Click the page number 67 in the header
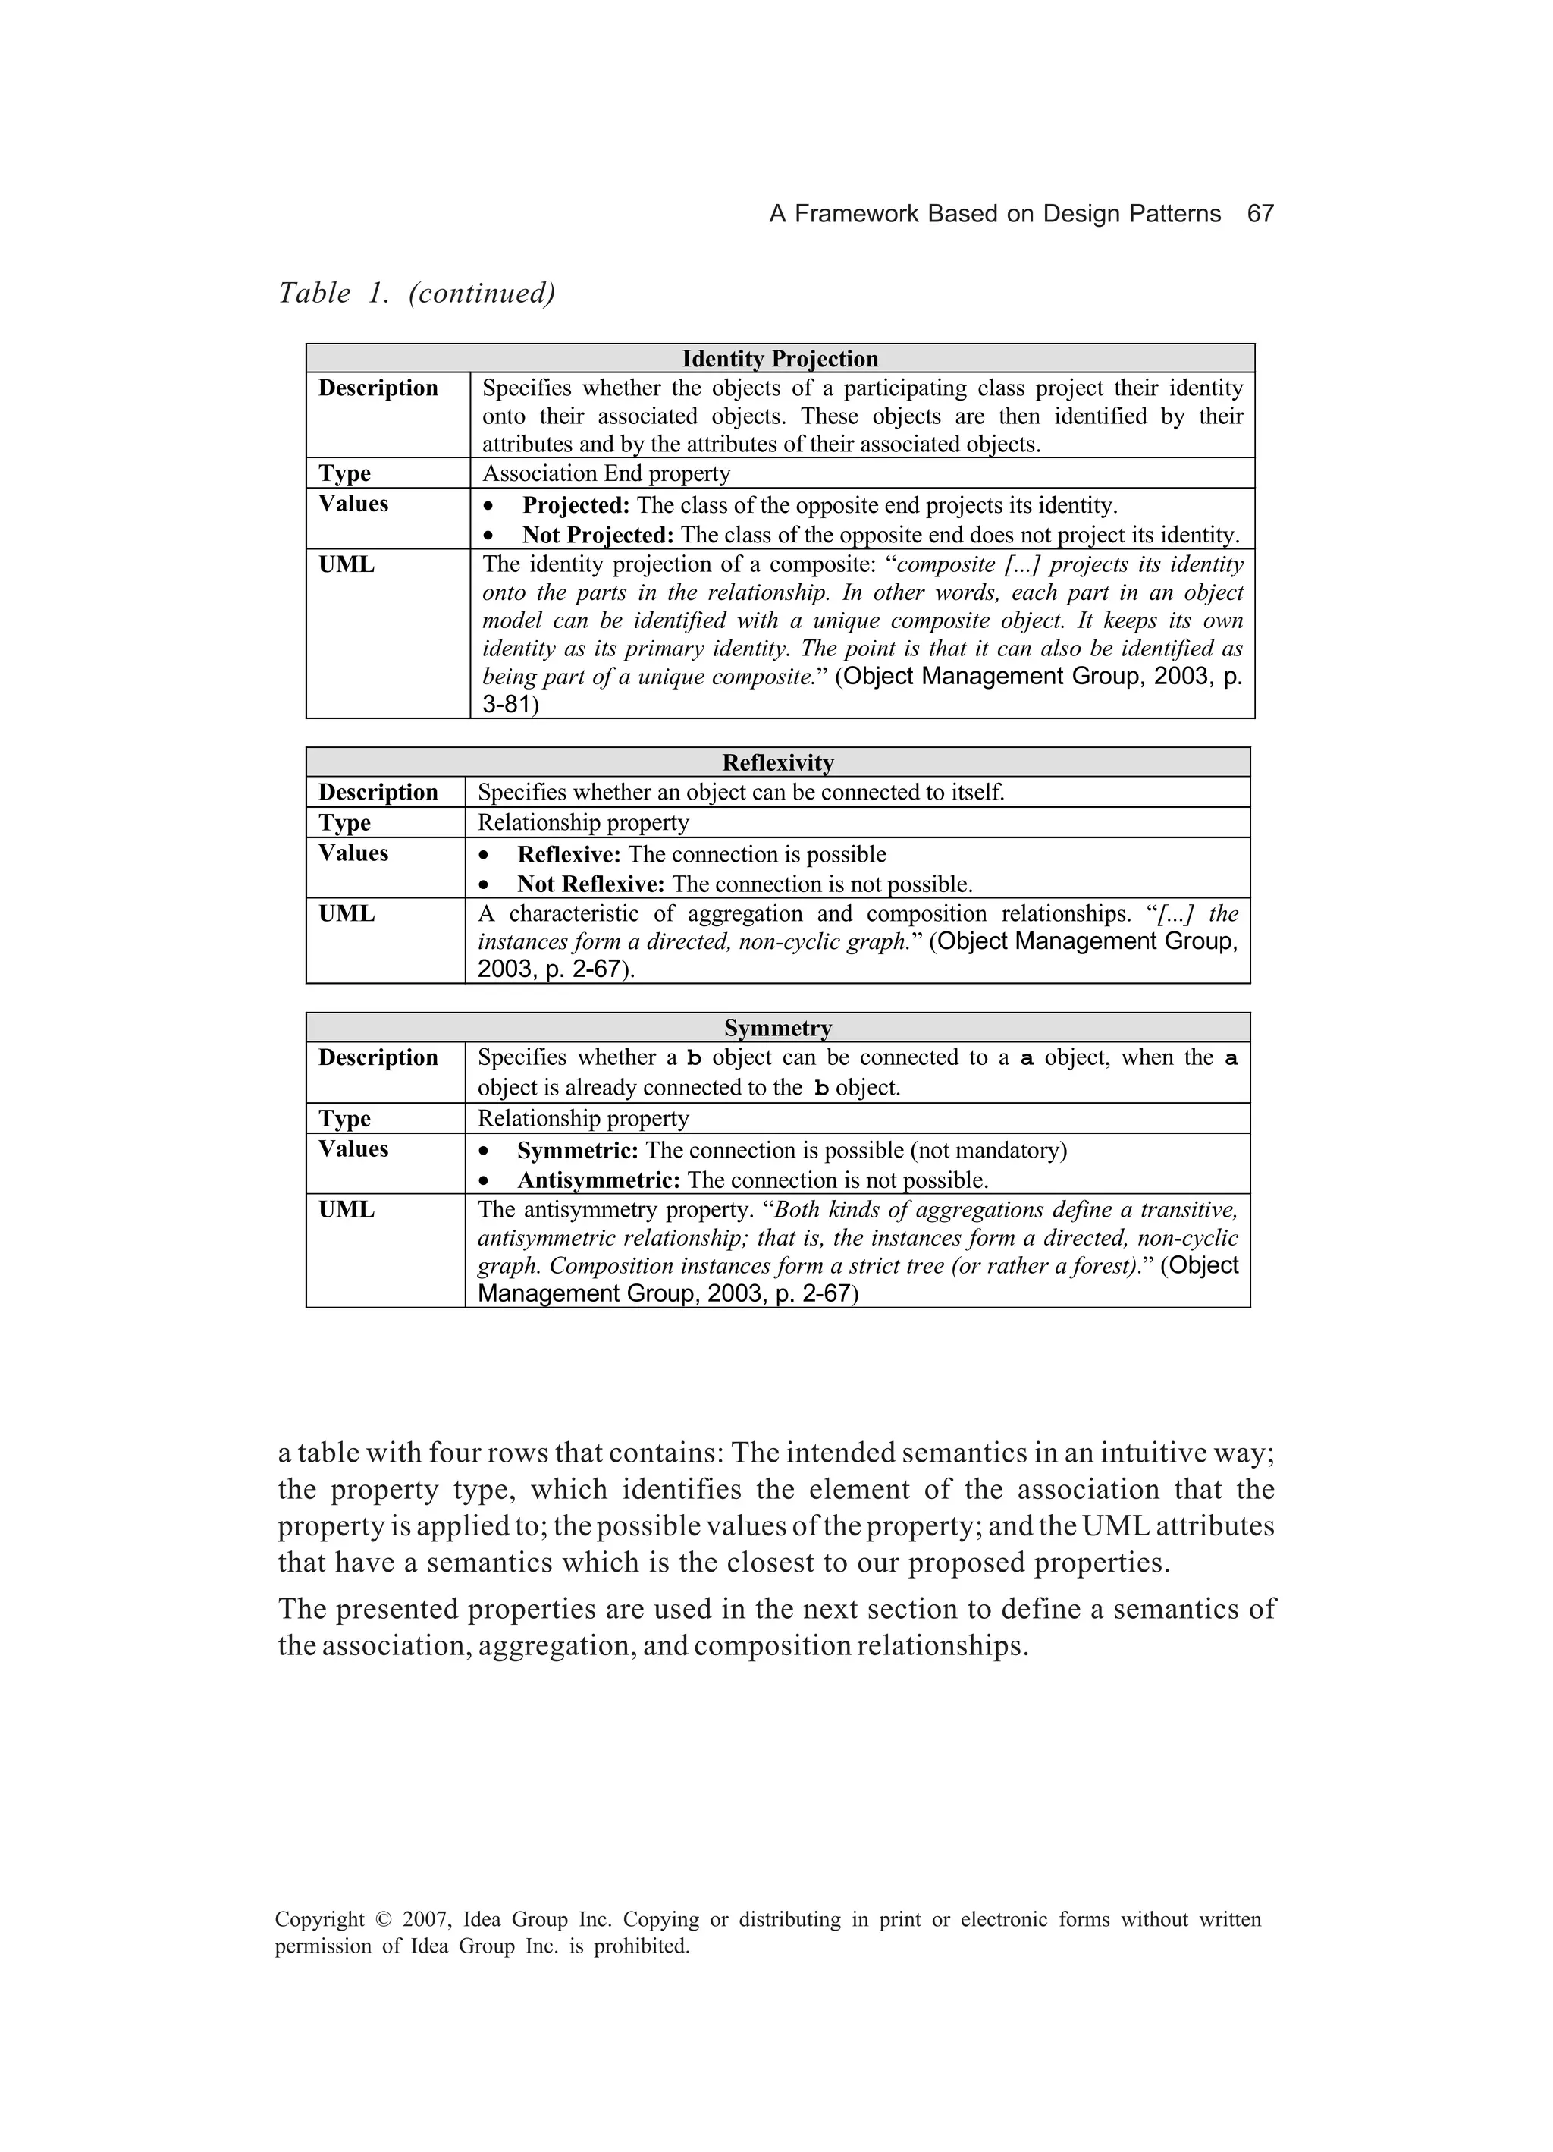pyautogui.click(x=1260, y=213)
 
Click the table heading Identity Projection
pyautogui.click(x=779, y=359)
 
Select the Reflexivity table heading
pyautogui.click(x=777, y=763)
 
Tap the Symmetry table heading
pyautogui.click(x=777, y=1028)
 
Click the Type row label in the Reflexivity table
pyautogui.click(x=344, y=823)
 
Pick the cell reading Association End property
pyautogui.click(x=606, y=473)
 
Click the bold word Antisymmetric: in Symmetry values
pyautogui.click(x=598, y=1180)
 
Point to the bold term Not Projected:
pyautogui.click(x=598, y=535)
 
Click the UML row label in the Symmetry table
pyautogui.click(x=347, y=1210)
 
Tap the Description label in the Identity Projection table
pyautogui.click(x=378, y=388)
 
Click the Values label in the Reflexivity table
pyautogui.click(x=353, y=853)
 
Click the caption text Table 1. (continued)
pyautogui.click(x=416, y=294)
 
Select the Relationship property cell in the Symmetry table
pyautogui.click(x=582, y=1119)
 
